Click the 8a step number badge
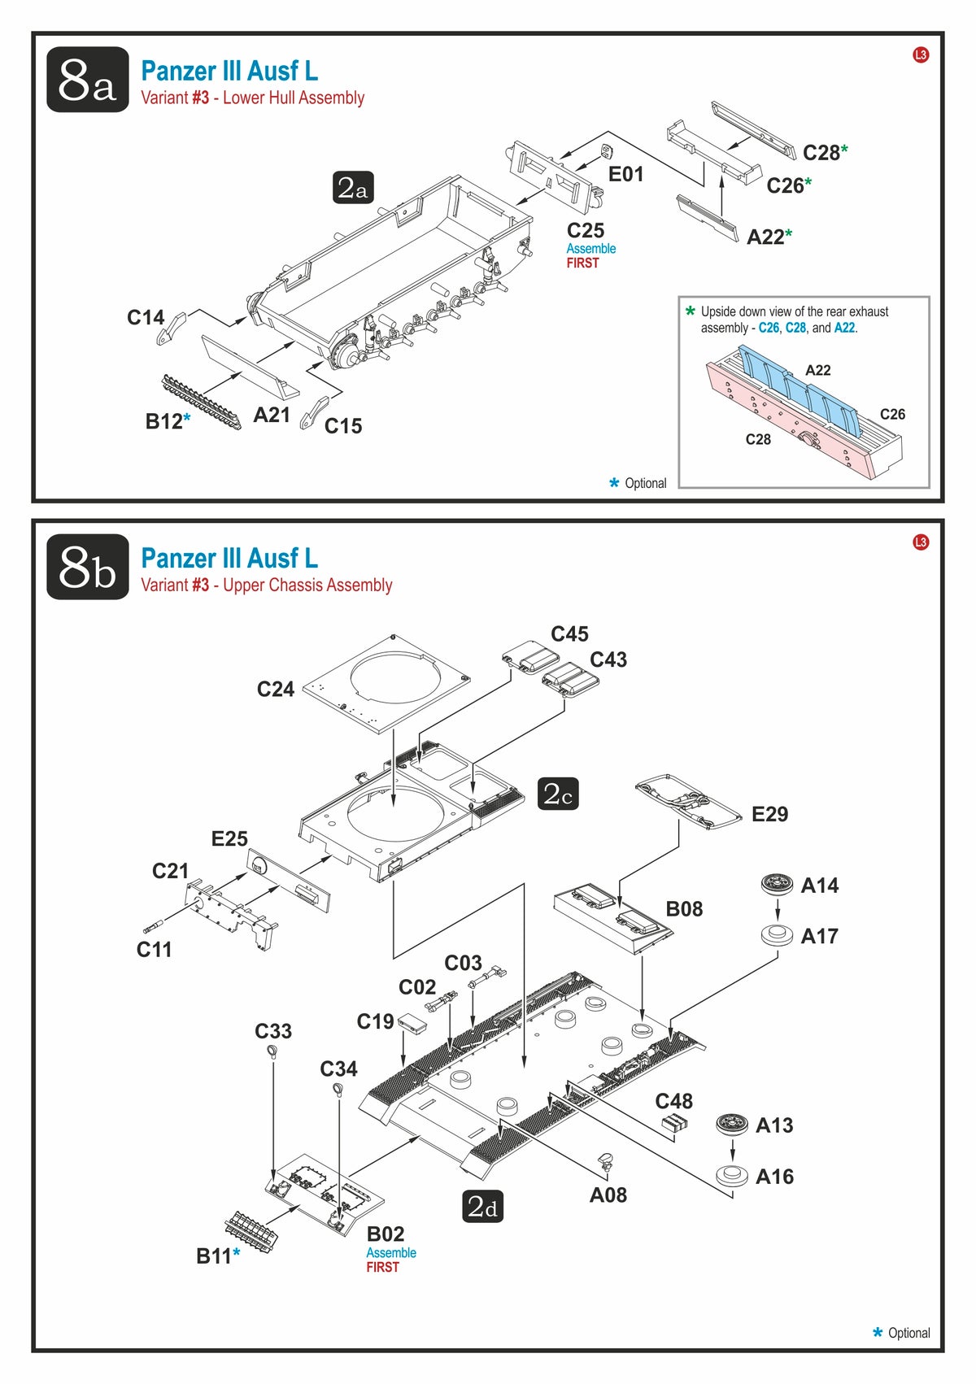[x=87, y=80]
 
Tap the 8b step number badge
[x=87, y=567]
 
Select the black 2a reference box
[x=353, y=187]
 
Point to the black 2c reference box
[x=557, y=794]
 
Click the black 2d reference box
[x=483, y=1206]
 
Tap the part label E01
[x=625, y=174]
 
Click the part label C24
[x=275, y=689]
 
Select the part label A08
[x=608, y=1195]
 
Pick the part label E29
[x=769, y=814]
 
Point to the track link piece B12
[x=201, y=403]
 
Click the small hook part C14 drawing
[x=172, y=329]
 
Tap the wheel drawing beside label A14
[x=777, y=884]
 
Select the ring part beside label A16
[x=733, y=1175]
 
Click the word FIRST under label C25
[x=582, y=263]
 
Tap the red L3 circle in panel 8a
[x=921, y=55]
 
